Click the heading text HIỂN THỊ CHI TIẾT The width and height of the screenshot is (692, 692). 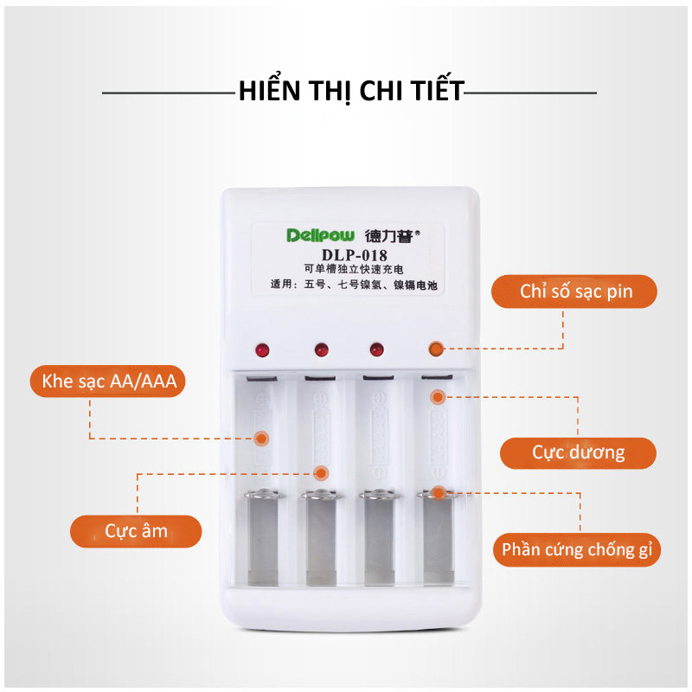[351, 91]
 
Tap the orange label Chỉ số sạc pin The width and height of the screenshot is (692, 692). [576, 292]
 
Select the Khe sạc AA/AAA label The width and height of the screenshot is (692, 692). [108, 381]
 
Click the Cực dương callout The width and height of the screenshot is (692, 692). [578, 452]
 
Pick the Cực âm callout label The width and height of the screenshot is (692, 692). [136, 530]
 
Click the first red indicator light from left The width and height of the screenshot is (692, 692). [262, 350]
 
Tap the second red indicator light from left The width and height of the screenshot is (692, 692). [320, 350]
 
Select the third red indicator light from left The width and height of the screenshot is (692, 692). [376, 349]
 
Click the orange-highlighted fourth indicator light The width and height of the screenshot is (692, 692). [435, 349]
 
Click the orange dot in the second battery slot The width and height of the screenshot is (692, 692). [321, 472]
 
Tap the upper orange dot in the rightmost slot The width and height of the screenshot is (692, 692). [438, 397]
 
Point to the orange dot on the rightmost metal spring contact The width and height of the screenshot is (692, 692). [439, 493]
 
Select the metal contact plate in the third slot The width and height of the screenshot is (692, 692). [377, 541]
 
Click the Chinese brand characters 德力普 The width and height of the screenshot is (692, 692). [392, 235]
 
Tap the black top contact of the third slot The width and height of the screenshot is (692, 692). [377, 379]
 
